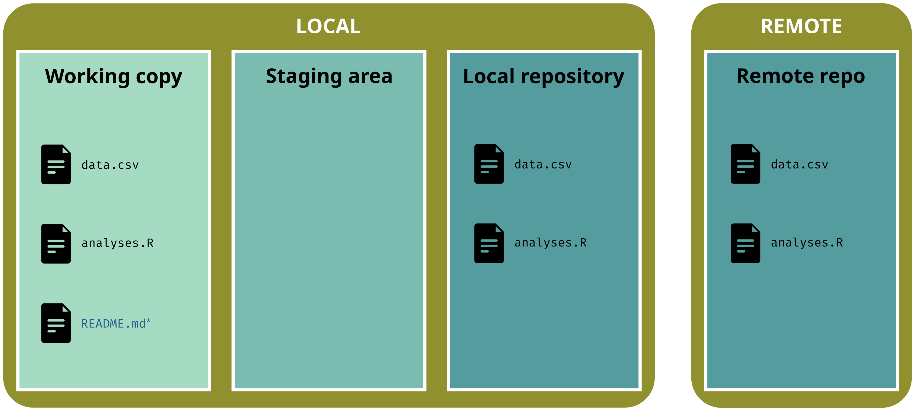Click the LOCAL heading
click(328, 26)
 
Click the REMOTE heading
click(801, 26)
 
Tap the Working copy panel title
click(113, 77)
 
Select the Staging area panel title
click(329, 77)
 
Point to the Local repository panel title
click(543, 77)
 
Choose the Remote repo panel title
click(801, 77)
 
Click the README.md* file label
click(116, 324)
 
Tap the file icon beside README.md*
click(56, 323)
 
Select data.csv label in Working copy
click(110, 165)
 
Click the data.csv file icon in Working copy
click(56, 164)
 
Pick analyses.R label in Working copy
click(117, 243)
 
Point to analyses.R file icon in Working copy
click(56, 244)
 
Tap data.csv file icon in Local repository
click(489, 164)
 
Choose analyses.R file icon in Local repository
click(489, 243)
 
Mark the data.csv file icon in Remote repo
click(745, 164)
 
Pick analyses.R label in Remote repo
click(807, 243)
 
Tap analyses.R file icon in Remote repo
click(745, 243)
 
